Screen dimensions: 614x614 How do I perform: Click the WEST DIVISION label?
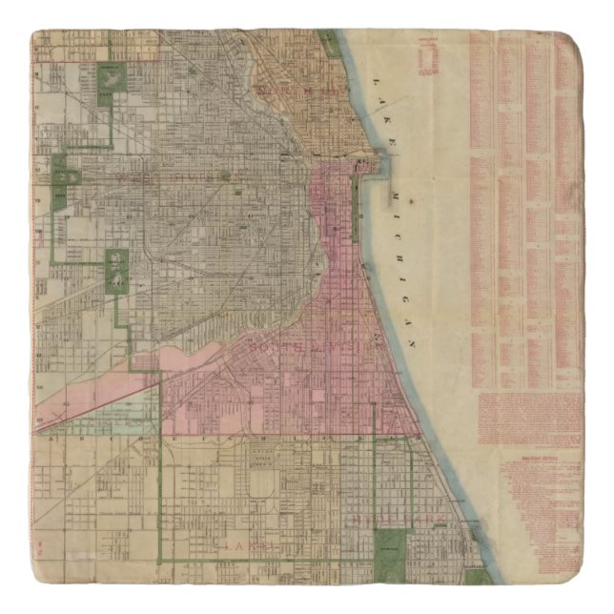(x=172, y=175)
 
